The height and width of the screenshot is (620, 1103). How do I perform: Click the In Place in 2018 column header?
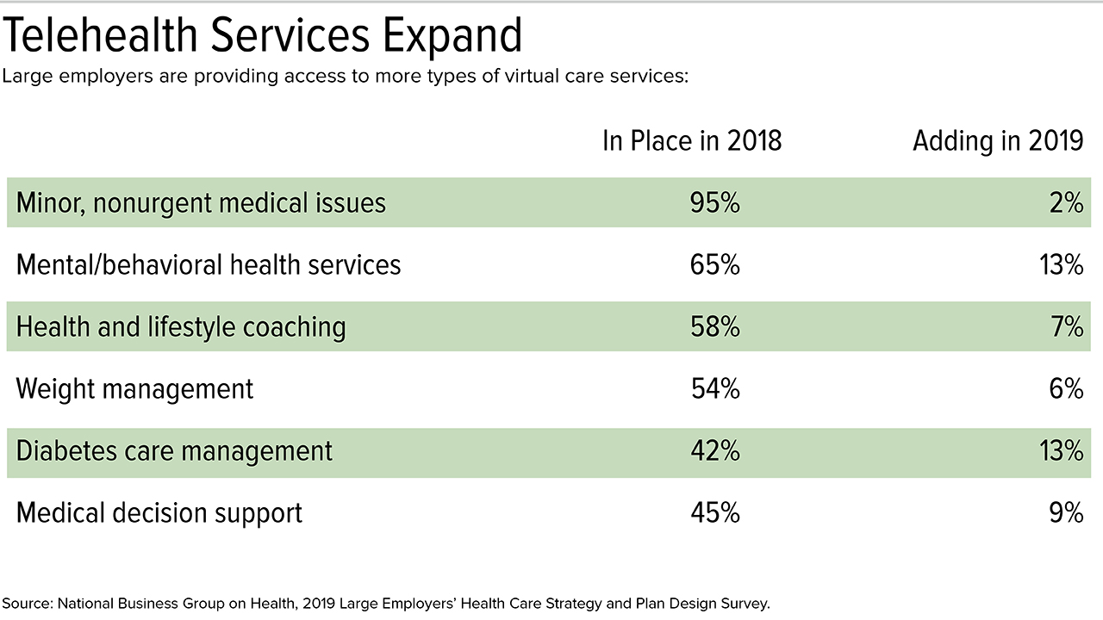[692, 141]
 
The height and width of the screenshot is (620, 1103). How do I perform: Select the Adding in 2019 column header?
[998, 141]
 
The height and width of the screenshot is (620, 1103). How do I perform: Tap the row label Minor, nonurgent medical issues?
[201, 203]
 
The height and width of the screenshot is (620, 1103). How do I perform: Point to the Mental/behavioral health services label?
[209, 264]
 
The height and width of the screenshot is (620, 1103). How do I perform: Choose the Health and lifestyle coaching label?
[181, 327]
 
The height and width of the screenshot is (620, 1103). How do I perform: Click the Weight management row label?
[134, 388]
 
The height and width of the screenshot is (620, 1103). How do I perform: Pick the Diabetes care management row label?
[174, 451]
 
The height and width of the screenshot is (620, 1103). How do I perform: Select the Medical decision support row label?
[159, 513]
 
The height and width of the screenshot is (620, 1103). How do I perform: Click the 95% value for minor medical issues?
[715, 203]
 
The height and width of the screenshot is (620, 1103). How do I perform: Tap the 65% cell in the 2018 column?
[715, 264]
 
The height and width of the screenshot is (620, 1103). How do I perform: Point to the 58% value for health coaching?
[715, 327]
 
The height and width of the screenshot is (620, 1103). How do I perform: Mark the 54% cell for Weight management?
[715, 388]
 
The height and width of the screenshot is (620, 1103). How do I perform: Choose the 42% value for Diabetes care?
[715, 451]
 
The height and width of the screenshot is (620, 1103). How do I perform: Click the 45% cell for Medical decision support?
[715, 513]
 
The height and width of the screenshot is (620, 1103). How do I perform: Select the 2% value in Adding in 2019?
[1067, 203]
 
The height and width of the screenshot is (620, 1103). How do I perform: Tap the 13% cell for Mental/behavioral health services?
[1060, 264]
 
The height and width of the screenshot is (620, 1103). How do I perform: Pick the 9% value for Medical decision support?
[1066, 513]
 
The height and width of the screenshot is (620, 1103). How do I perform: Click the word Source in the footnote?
[27, 604]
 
